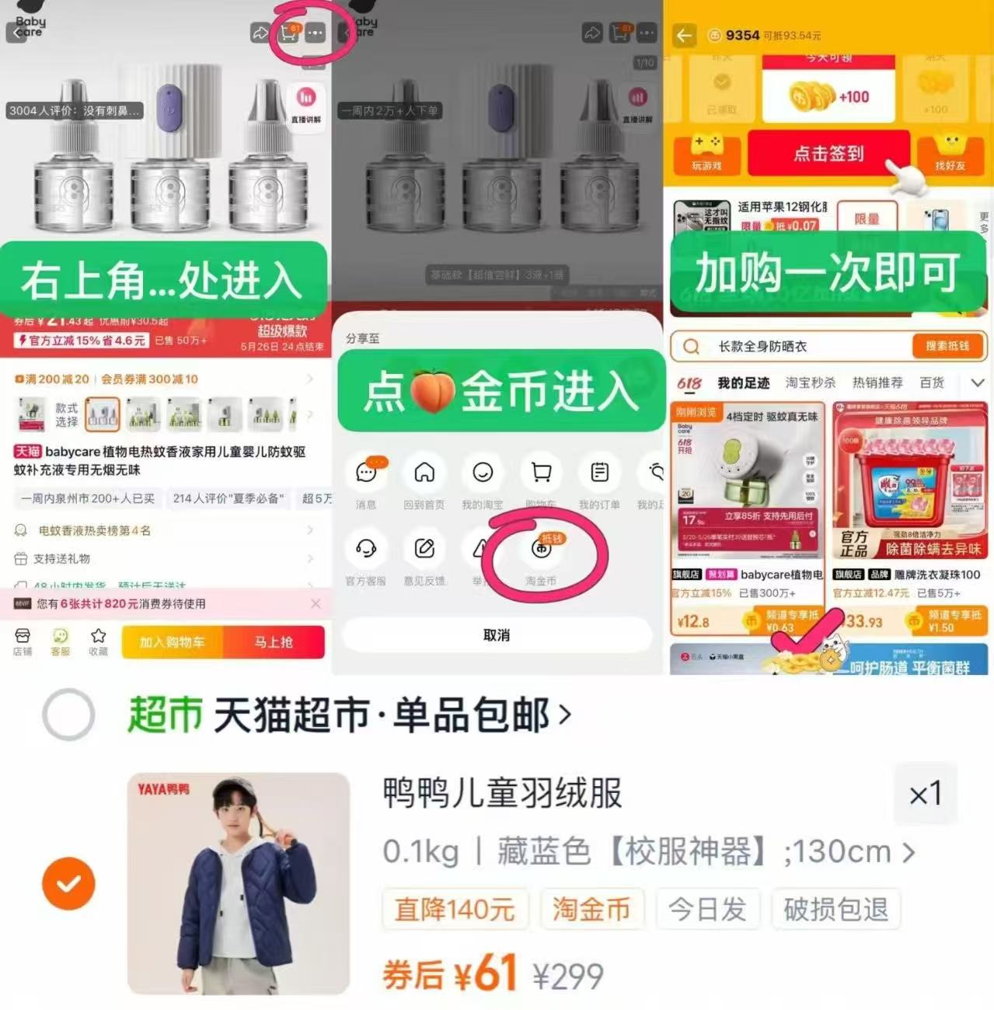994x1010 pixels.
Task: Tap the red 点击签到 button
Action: [828, 153]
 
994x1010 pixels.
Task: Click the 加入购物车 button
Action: [172, 642]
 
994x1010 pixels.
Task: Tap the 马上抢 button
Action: [274, 642]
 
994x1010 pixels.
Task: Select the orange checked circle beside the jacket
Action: [68, 883]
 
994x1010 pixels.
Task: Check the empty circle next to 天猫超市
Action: [68, 714]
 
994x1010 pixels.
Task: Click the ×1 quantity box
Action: [925, 794]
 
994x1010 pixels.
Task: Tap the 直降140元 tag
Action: [455, 909]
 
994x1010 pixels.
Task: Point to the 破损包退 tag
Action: [835, 909]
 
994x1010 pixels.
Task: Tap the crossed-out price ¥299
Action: [567, 977]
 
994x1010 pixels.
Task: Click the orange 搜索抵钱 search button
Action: [947, 346]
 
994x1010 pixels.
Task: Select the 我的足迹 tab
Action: [743, 383]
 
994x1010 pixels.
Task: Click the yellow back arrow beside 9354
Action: [684, 35]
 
